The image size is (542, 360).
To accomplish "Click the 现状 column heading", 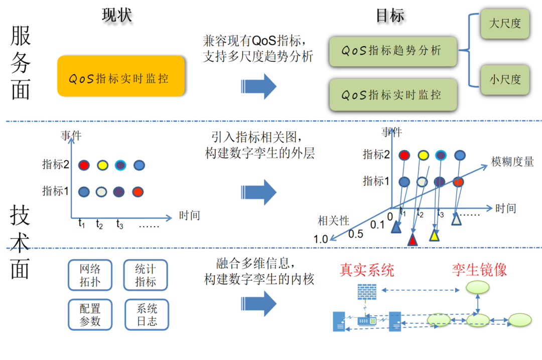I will (117, 15).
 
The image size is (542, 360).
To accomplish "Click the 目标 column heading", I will (390, 15).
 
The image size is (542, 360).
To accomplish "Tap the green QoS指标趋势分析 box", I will (393, 51).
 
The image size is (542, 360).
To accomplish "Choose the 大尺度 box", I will (504, 24).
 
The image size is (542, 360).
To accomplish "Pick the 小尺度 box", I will (504, 79).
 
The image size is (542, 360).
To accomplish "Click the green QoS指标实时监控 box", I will (393, 94).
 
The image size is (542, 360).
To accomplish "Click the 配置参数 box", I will (90, 314).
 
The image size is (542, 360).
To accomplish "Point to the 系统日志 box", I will (146, 314).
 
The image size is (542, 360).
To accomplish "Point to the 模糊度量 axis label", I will (512, 161).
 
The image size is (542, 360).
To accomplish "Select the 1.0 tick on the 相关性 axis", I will (321, 239).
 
